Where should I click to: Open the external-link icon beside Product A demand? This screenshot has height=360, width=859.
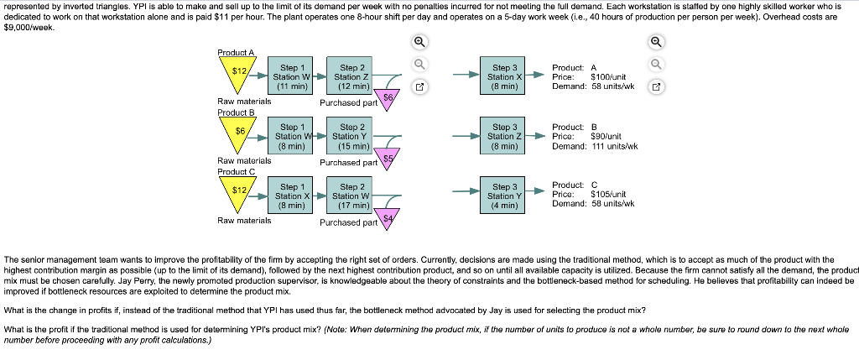pos(656,86)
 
